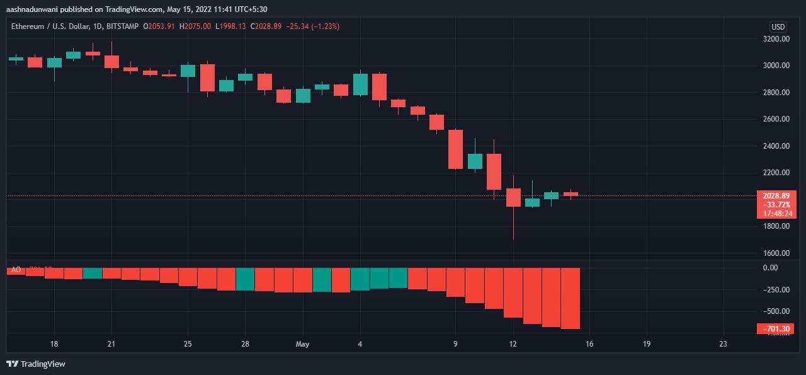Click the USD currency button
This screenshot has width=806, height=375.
[x=778, y=26]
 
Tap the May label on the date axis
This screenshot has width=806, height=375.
[x=303, y=344]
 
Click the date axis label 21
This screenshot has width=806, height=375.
[x=111, y=344]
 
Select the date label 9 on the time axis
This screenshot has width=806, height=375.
[x=455, y=344]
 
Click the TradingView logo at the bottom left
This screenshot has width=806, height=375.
[x=36, y=364]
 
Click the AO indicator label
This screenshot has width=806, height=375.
[x=16, y=270]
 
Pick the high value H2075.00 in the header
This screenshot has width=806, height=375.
[x=196, y=26]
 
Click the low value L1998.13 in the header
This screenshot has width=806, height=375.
[x=231, y=26]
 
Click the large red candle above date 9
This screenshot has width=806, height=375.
[x=455, y=149]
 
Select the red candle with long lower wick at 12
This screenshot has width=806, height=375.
[x=513, y=197]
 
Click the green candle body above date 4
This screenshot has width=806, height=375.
[x=360, y=84]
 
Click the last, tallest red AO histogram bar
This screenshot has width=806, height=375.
[x=570, y=298]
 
